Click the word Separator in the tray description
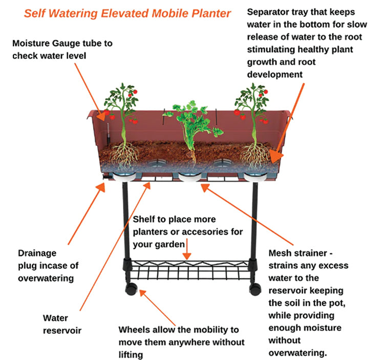[x=270, y=12]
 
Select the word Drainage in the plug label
[x=37, y=253]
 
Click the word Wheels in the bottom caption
[x=134, y=330]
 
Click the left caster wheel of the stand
[x=132, y=289]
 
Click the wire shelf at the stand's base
[x=189, y=268]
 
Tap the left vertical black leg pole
[x=124, y=220]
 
